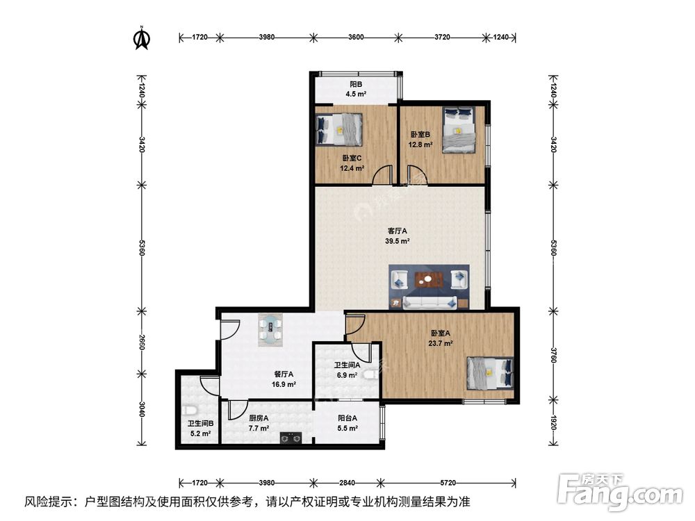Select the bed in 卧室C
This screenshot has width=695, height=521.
[340, 129]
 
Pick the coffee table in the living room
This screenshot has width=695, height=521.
[429, 280]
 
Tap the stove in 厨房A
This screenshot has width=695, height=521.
[291, 438]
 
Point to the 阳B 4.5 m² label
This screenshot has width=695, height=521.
[357, 89]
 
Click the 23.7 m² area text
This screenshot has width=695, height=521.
[441, 343]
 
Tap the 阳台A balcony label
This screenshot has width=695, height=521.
[347, 418]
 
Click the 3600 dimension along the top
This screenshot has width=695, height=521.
[356, 37]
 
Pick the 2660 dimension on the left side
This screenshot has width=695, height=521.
[141, 342]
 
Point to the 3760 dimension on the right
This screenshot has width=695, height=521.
[553, 354]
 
